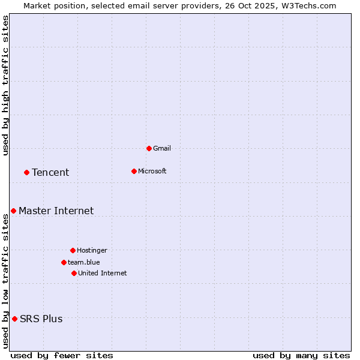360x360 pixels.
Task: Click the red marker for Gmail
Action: [x=149, y=148]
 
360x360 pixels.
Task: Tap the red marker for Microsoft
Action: [x=134, y=171]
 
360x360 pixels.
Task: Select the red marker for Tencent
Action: [x=26, y=172]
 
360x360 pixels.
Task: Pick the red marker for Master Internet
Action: [x=13, y=211]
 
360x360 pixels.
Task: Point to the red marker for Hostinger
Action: [x=73, y=250]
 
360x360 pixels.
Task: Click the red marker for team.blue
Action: [x=64, y=262]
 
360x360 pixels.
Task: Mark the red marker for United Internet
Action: [x=74, y=273]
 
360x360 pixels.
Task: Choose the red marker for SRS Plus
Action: [x=14, y=319]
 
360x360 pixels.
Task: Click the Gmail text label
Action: [x=162, y=148]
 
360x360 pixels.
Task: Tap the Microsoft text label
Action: [x=152, y=171]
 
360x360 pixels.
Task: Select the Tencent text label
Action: [x=50, y=172]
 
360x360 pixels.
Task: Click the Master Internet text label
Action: [x=56, y=211]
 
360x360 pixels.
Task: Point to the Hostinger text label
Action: [x=92, y=250]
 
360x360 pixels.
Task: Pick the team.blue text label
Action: [x=84, y=262]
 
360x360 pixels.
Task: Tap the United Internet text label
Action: [x=103, y=273]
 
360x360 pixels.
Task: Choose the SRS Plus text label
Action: [x=41, y=319]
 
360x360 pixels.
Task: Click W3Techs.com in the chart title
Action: [x=309, y=5]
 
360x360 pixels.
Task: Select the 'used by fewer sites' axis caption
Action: [x=62, y=355]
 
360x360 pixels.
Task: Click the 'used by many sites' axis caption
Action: [x=301, y=355]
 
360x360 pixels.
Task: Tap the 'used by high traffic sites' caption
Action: [x=5, y=85]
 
